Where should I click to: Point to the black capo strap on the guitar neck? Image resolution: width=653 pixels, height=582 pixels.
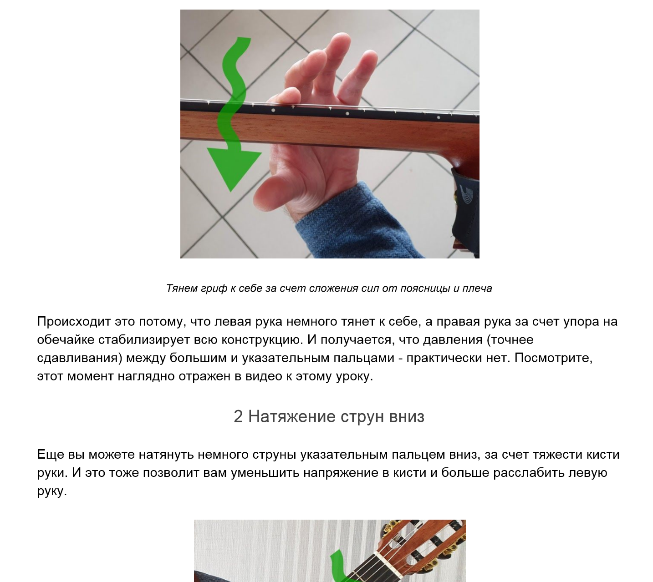point(465,205)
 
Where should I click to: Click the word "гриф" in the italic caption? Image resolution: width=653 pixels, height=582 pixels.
point(214,288)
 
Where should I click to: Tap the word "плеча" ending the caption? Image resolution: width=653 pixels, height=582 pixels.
point(477,288)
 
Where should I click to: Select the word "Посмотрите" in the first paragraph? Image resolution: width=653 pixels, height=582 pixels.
point(553,358)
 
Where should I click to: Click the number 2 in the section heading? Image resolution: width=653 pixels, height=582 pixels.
point(238,416)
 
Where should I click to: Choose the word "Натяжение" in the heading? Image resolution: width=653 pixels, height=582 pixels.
point(292,416)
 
